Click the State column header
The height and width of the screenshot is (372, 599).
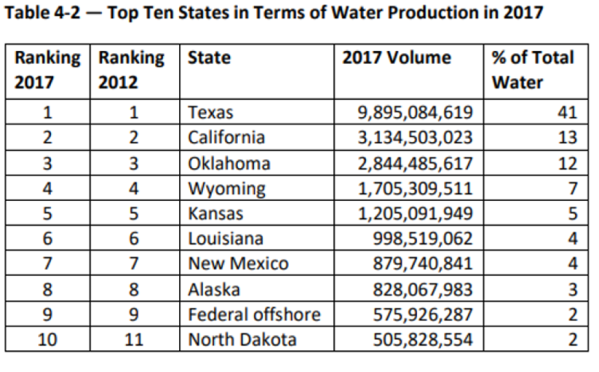[210, 58]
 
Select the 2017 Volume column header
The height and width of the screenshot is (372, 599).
[397, 58]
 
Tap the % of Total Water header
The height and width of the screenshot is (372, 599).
[532, 69]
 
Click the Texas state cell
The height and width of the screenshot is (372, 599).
[211, 113]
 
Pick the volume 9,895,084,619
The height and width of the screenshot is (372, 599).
[416, 113]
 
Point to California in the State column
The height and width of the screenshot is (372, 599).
[226, 138]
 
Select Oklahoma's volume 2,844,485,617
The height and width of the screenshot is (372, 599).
[416, 163]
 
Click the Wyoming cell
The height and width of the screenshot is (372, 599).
[226, 188]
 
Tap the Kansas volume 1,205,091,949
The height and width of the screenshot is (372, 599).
[416, 214]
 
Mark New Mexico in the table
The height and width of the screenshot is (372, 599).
[238, 264]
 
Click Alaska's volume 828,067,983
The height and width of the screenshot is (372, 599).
[423, 289]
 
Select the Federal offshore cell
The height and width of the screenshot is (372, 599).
[254, 314]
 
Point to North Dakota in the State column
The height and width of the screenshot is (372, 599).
[242, 340]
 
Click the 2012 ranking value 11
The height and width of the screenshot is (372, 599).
[133, 340]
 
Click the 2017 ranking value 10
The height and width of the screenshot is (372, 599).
[46, 340]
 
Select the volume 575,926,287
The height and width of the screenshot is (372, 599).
[423, 314]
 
